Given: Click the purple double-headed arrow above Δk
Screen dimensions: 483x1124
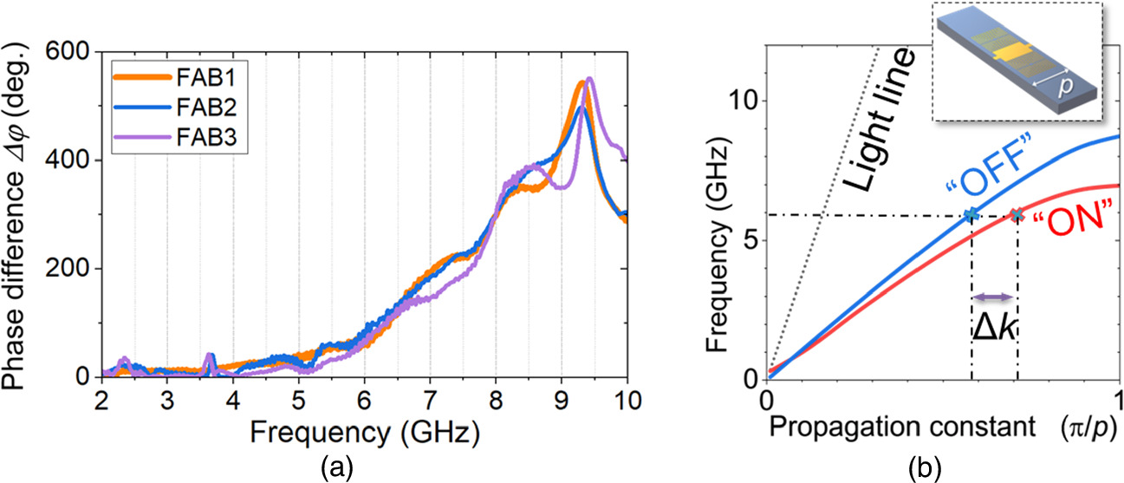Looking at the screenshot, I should (x=993, y=297).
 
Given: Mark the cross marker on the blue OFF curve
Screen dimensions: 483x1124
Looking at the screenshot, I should (x=971, y=214).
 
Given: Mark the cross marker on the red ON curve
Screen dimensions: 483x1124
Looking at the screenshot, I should (x=1017, y=214).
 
